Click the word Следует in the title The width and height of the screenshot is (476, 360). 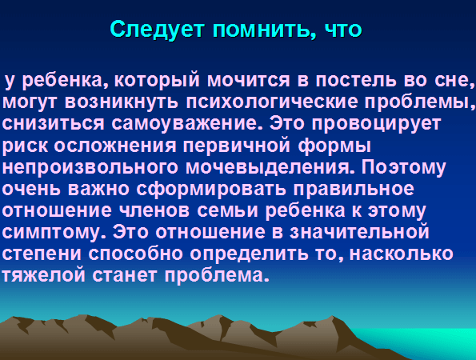[x=157, y=30]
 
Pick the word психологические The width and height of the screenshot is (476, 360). [x=272, y=102]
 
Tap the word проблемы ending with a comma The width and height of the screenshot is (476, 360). [x=420, y=102]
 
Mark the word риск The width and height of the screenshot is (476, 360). [x=25, y=146]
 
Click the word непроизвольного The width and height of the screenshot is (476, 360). [x=90, y=168]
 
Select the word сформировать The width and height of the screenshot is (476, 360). [x=210, y=190]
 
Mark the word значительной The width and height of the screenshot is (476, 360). [x=359, y=232]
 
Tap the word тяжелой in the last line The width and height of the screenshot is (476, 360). [x=44, y=276]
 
